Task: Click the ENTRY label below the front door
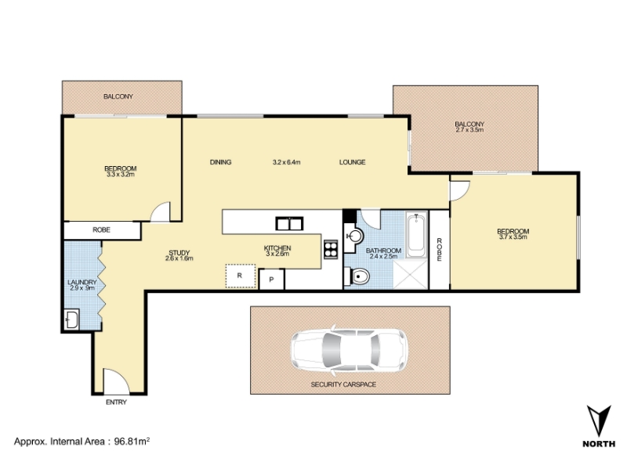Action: click(x=116, y=402)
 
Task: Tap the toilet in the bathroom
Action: click(x=357, y=277)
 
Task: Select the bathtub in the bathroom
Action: click(x=416, y=236)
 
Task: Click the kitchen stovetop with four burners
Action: click(x=331, y=249)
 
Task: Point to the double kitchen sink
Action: click(x=289, y=223)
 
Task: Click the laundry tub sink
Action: click(x=72, y=320)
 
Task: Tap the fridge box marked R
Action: click(x=241, y=276)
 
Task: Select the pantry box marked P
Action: click(x=271, y=280)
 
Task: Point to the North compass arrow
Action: click(x=599, y=421)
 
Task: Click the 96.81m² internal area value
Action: click(x=132, y=441)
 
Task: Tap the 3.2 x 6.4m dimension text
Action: click(x=286, y=162)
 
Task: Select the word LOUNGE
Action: click(x=352, y=162)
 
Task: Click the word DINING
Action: click(x=221, y=162)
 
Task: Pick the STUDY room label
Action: click(x=179, y=252)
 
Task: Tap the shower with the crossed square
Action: click(x=410, y=274)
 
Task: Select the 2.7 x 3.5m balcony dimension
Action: click(x=469, y=130)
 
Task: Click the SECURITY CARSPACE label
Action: click(x=343, y=385)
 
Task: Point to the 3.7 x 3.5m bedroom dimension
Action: click(x=513, y=237)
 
